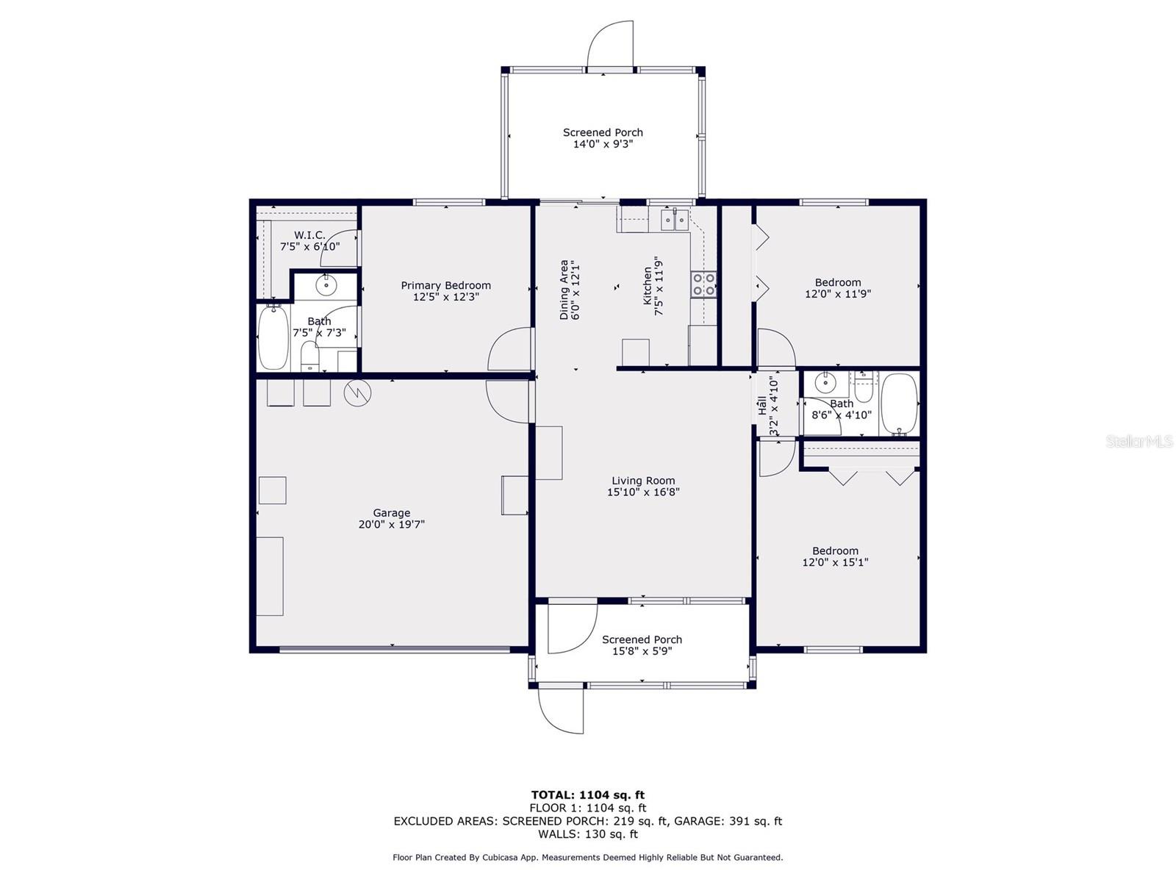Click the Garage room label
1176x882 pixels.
click(391, 513)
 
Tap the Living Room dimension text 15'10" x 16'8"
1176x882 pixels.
click(643, 492)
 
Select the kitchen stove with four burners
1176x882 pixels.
click(704, 284)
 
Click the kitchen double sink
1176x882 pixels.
click(675, 219)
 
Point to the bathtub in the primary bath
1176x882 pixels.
click(273, 337)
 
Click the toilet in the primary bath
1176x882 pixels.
click(310, 357)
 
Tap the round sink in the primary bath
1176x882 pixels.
click(326, 284)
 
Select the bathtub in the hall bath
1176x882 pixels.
click(900, 404)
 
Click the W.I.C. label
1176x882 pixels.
click(309, 235)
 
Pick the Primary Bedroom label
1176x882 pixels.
click(445, 285)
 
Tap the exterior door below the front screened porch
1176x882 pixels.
click(561, 709)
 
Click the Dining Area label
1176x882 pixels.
click(564, 290)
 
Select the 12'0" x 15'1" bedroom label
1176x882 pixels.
click(835, 556)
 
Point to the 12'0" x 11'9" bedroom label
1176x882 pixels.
click(838, 288)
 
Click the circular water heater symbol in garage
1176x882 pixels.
click(358, 392)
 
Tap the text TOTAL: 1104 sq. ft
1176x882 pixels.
click(587, 795)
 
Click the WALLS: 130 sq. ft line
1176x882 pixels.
click(587, 834)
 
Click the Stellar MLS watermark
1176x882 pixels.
click(1139, 441)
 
